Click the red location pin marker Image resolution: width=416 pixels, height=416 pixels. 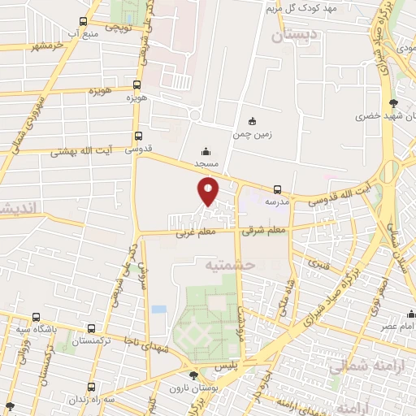pos(209,192)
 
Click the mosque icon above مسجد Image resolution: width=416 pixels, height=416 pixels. pos(206,150)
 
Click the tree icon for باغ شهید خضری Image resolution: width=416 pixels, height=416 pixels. pos(394,102)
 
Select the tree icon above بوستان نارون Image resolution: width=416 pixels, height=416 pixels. pos(193,375)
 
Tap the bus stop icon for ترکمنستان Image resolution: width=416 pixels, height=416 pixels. pos(89,328)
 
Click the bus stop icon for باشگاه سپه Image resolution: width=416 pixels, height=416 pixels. pos(36,317)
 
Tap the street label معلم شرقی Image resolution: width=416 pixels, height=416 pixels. pos(265,231)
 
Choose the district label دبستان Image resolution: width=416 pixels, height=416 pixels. pos(291,36)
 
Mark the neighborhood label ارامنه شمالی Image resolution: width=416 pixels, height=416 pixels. pos(363,367)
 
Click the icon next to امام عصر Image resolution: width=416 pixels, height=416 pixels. pos(411,314)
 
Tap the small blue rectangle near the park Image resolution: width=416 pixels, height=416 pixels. pos(158,310)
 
